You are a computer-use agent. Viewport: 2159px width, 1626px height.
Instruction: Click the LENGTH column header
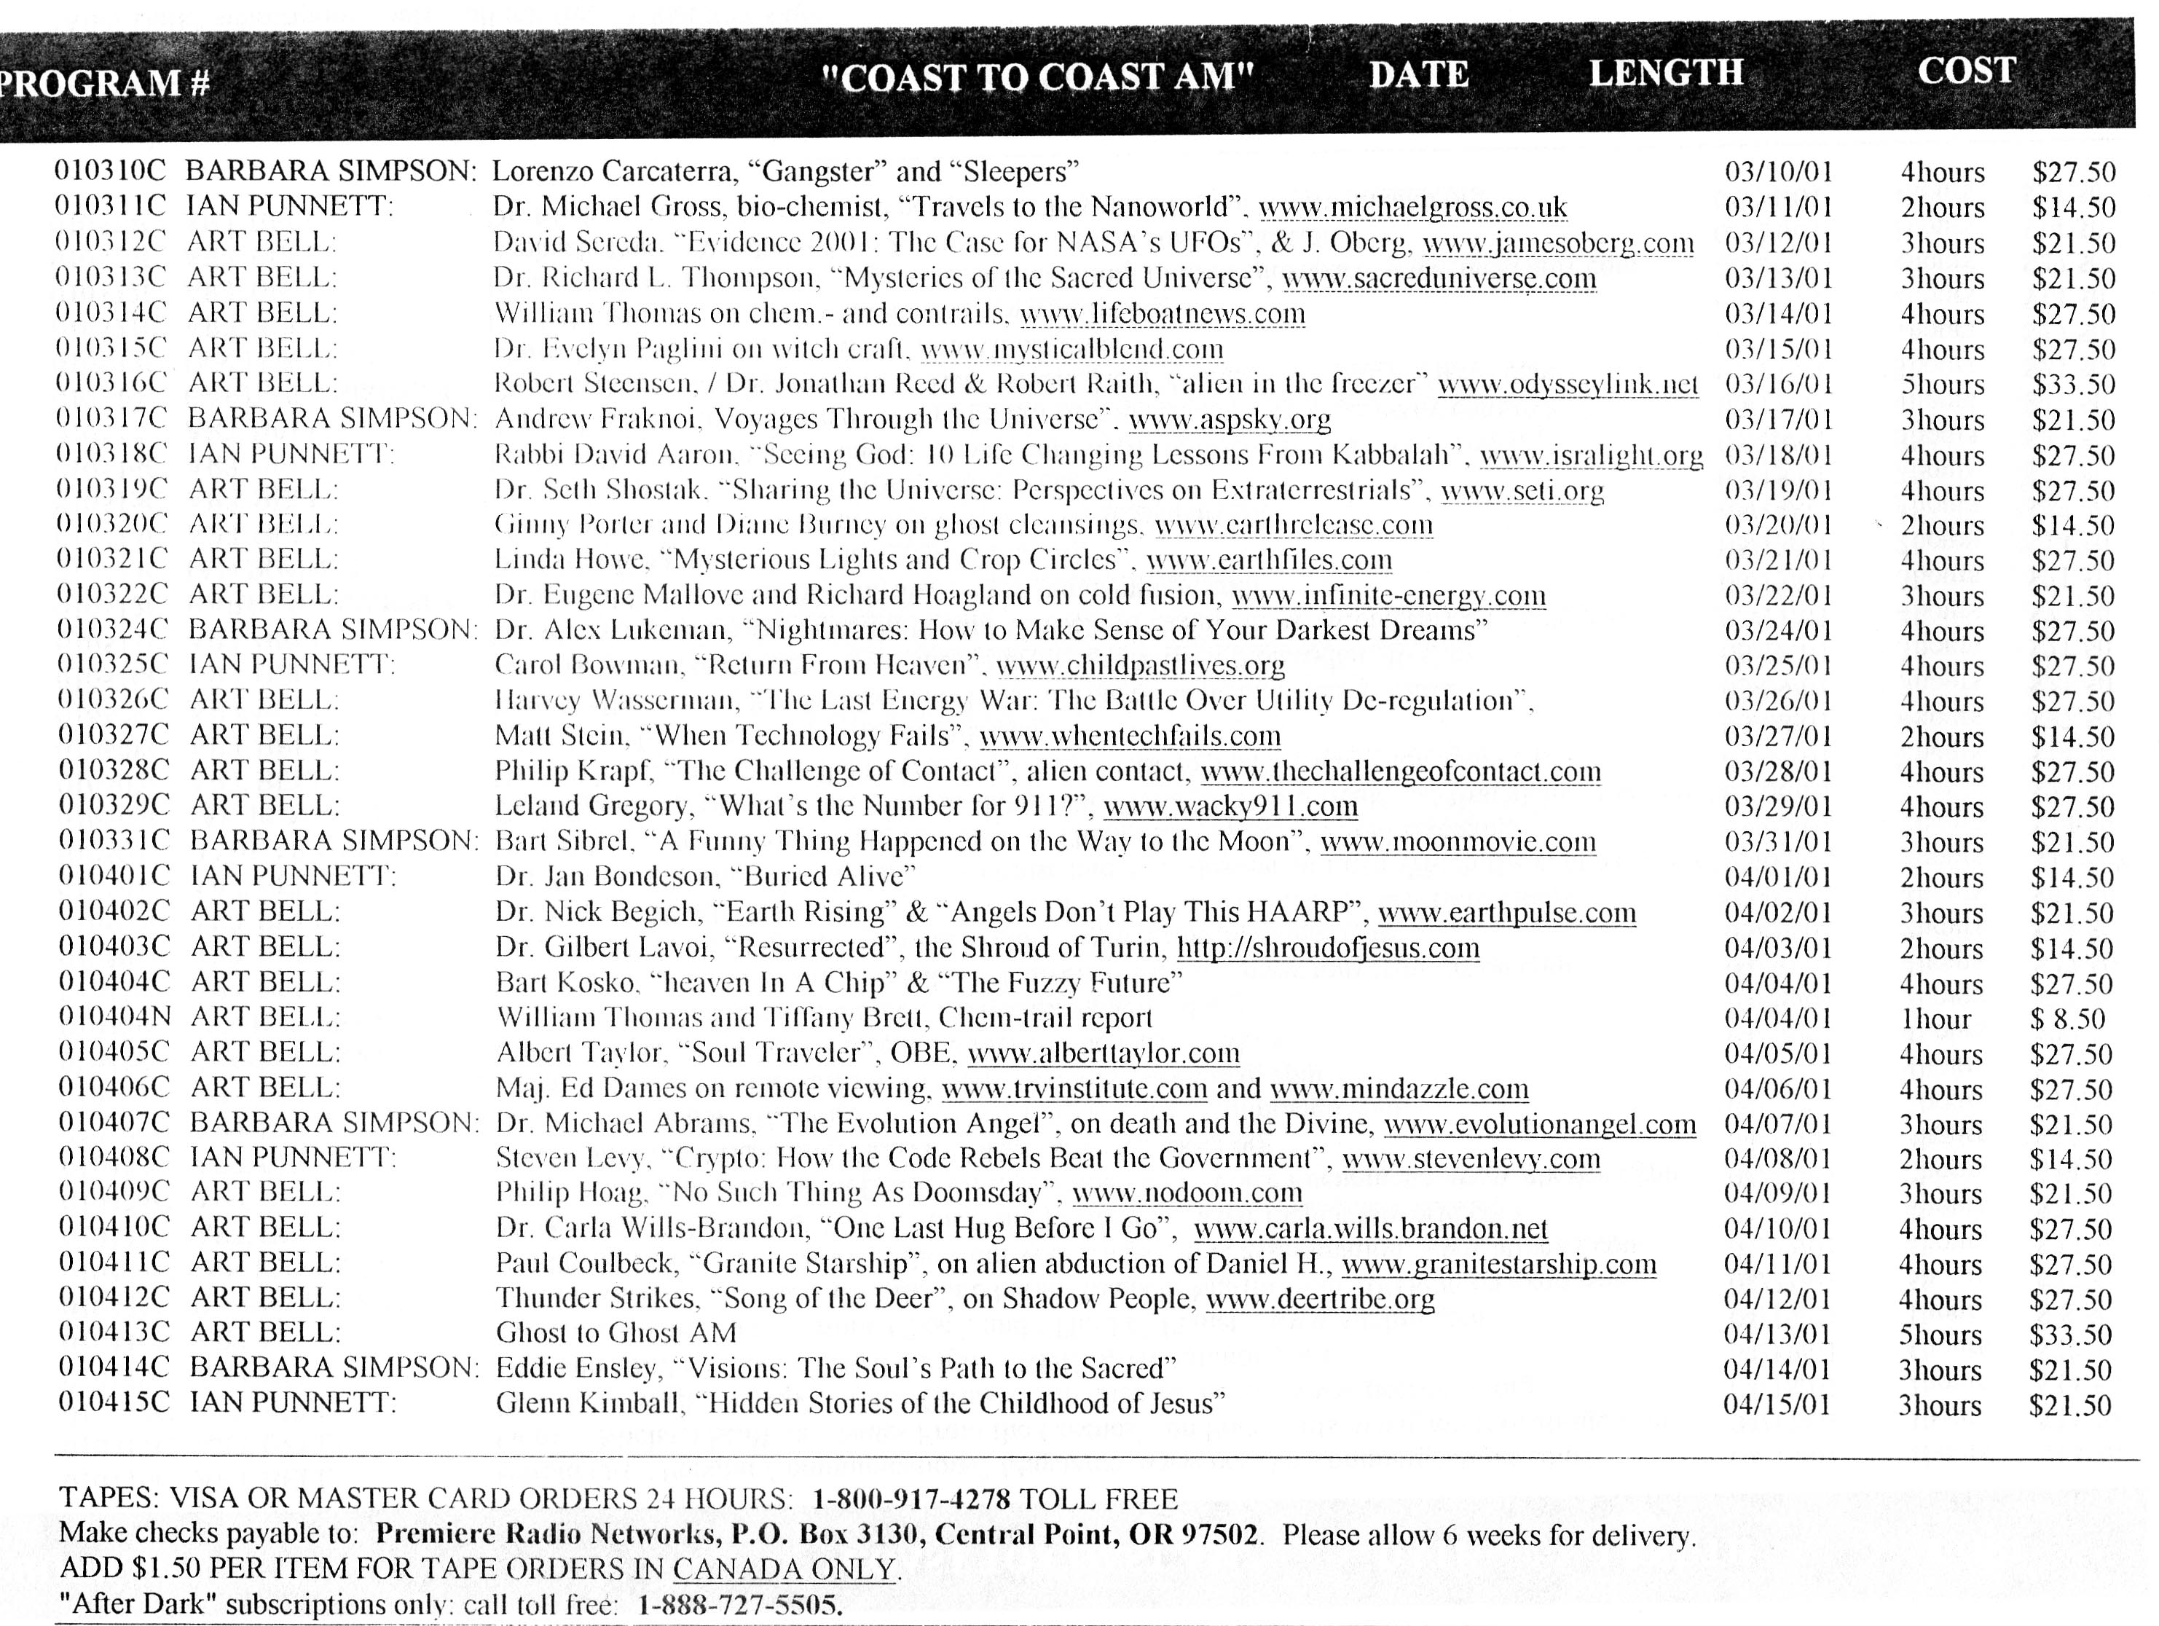1665,73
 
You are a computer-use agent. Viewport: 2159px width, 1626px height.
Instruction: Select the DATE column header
1418,74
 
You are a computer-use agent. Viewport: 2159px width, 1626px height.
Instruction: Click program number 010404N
114,1017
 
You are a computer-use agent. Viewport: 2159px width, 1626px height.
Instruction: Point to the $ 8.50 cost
2067,1019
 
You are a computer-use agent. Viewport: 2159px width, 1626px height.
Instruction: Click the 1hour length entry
1935,1019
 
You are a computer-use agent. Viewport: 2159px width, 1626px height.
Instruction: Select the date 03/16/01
1778,385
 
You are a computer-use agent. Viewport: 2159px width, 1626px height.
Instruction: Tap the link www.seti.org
1522,490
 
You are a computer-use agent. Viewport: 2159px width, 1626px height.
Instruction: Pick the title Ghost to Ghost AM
616,1332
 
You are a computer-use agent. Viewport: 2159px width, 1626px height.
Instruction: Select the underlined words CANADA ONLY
784,1569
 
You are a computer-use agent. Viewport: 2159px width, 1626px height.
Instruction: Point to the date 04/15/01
1777,1405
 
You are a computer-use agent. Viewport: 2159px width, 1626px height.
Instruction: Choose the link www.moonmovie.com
1458,842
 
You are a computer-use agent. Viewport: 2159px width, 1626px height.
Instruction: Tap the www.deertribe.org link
1320,1299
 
